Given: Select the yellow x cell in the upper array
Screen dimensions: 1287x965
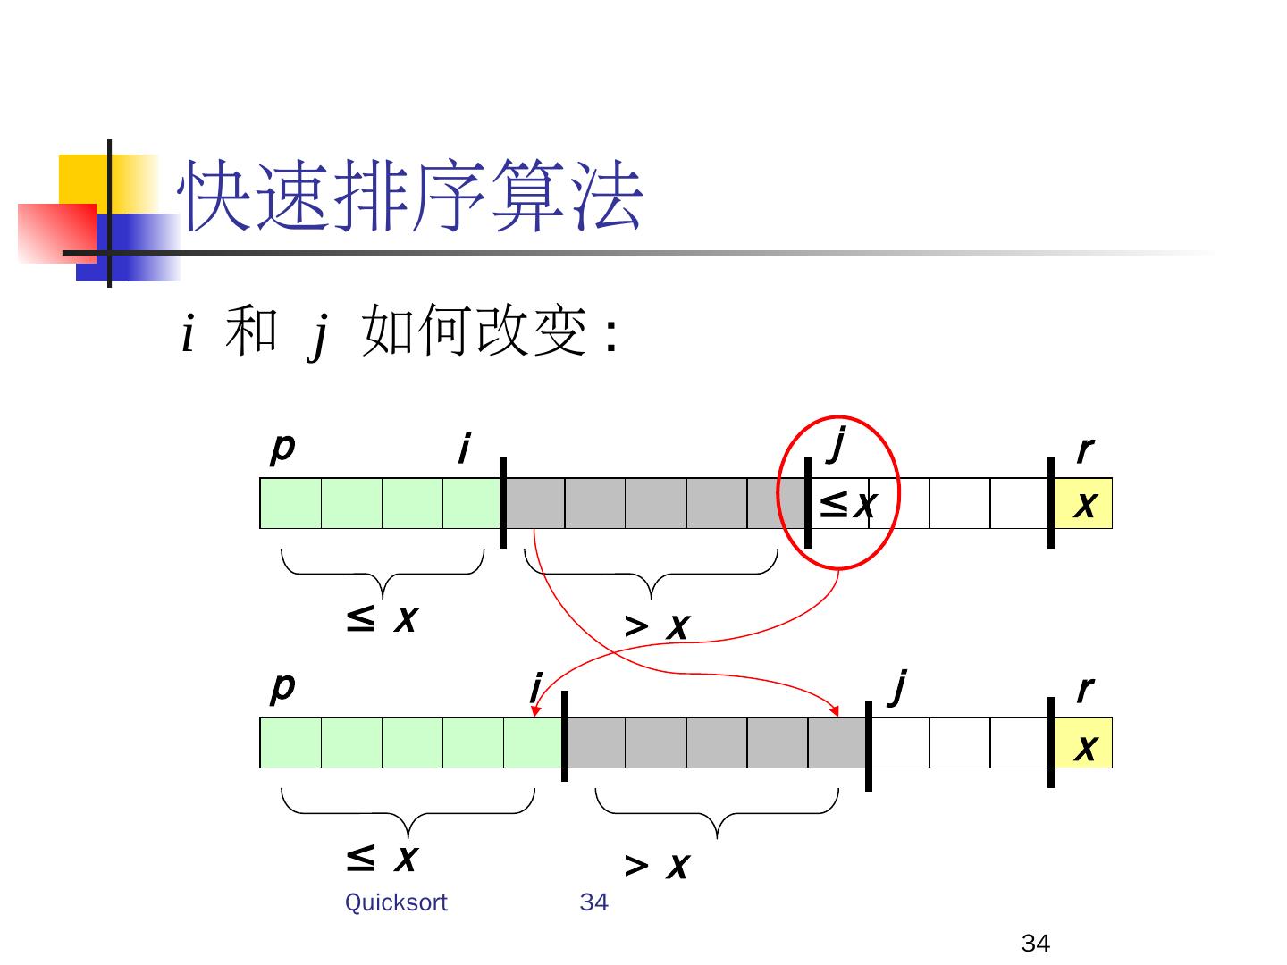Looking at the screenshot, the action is coord(1083,504).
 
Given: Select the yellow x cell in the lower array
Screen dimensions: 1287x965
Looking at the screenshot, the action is coord(1083,743).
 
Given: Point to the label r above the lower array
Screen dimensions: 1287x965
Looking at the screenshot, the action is coord(1084,689).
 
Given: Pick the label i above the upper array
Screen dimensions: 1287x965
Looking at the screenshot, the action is coord(463,449).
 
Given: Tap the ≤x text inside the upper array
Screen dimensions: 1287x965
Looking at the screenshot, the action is coord(845,505).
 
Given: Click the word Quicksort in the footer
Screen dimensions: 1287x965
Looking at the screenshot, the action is coord(396,902).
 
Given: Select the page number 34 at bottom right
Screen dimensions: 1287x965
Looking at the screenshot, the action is coord(1035,944).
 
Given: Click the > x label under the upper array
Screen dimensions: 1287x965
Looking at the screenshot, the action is coord(657,627).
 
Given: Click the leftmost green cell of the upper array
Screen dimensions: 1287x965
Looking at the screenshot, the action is coord(290,504).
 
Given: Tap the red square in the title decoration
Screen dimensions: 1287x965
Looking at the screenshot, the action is coord(56,232).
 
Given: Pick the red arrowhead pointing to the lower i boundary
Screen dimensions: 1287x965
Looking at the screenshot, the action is coord(536,711).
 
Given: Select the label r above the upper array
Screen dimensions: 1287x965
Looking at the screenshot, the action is coord(1084,449).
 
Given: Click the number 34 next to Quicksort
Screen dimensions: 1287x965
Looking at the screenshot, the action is coord(593,902).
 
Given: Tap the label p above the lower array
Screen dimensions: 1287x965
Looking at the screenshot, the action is coord(282,687).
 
